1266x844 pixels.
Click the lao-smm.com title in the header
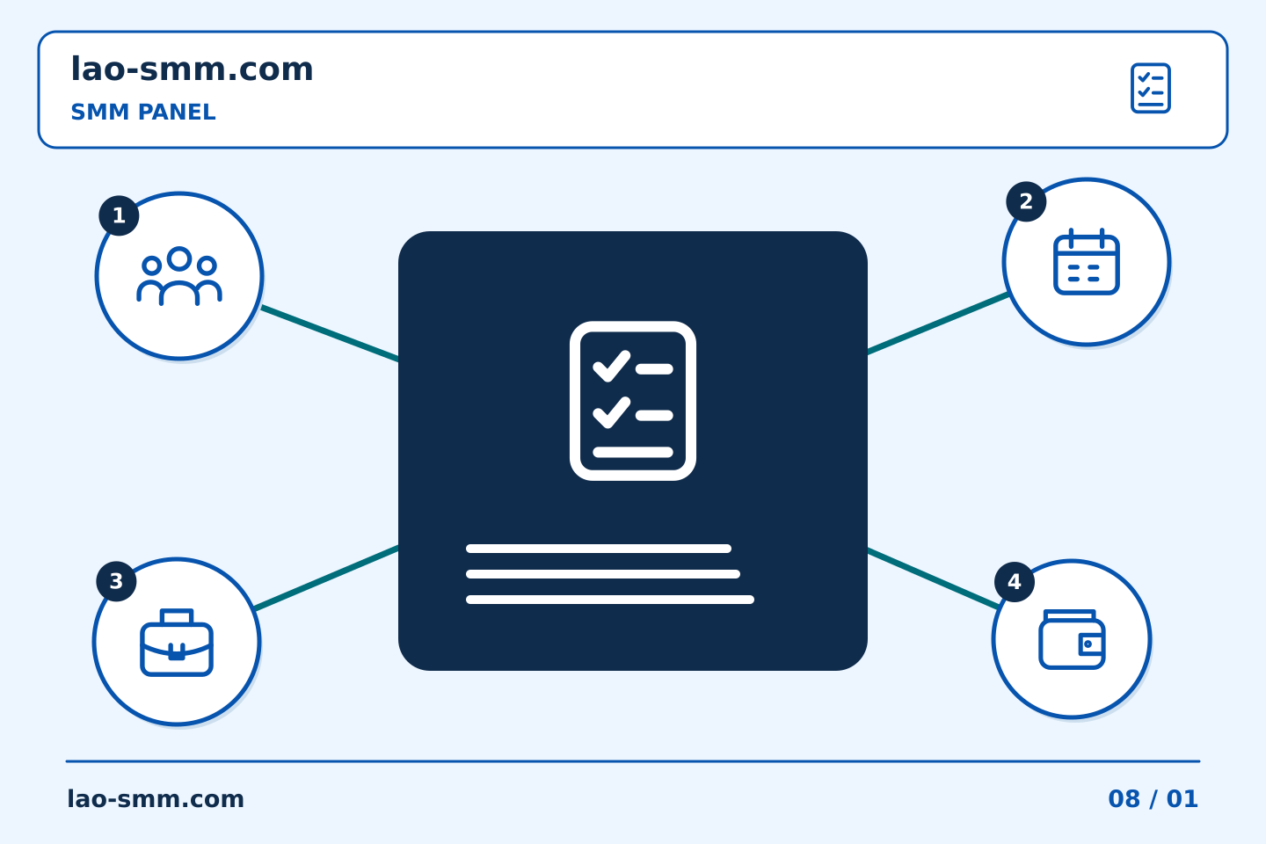pyautogui.click(x=192, y=69)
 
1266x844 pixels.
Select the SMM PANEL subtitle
pyautogui.click(x=143, y=112)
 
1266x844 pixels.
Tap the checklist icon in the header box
pyautogui.click(x=1150, y=88)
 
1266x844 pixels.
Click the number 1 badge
pyautogui.click(x=119, y=215)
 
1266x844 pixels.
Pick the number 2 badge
pyautogui.click(x=1026, y=201)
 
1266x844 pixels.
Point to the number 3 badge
pyautogui.click(x=116, y=581)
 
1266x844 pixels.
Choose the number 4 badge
pyautogui.click(x=1015, y=582)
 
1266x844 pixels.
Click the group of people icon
pyautogui.click(x=179, y=276)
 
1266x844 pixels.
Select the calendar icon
pyautogui.click(x=1087, y=261)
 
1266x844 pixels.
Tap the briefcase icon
pyautogui.click(x=177, y=642)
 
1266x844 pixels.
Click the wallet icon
pyautogui.click(x=1072, y=639)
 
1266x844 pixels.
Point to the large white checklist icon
pyautogui.click(x=632, y=401)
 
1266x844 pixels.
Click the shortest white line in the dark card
pyautogui.click(x=599, y=549)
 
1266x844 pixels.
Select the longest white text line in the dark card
pyautogui.click(x=610, y=600)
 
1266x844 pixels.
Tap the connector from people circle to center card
pyautogui.click(x=330, y=333)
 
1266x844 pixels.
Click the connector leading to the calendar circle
pyautogui.click(x=938, y=323)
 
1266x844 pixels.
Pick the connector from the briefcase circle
pyautogui.click(x=327, y=578)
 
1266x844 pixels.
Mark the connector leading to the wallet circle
pyautogui.click(x=934, y=578)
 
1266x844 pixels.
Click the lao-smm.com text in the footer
pyautogui.click(x=156, y=799)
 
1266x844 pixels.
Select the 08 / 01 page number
pyautogui.click(x=1153, y=799)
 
